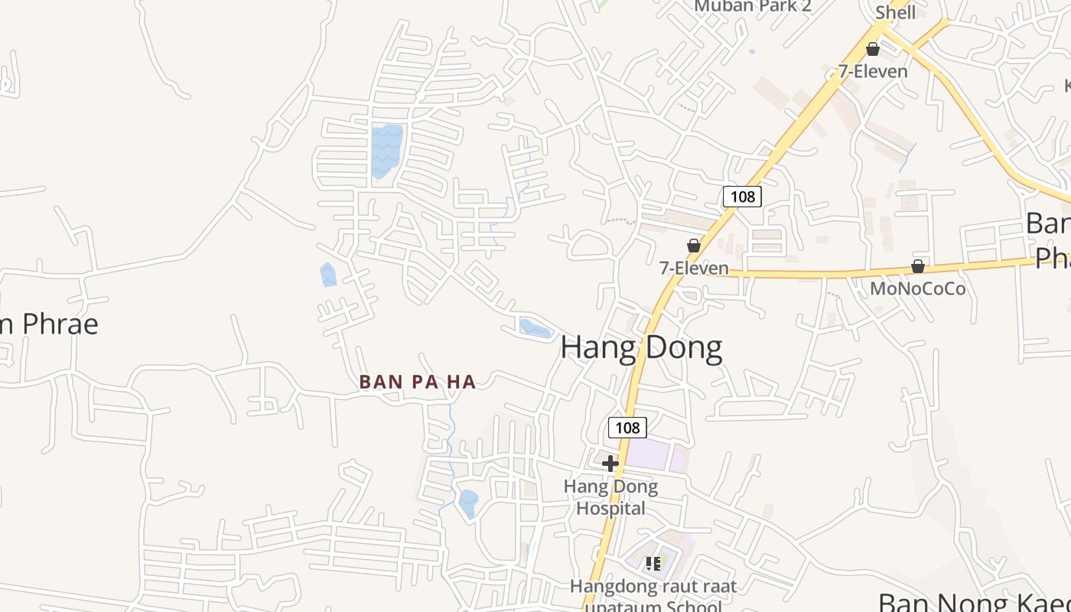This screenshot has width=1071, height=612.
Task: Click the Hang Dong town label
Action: click(641, 347)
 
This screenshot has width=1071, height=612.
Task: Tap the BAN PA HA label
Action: click(418, 382)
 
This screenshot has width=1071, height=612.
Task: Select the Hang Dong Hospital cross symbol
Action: click(610, 464)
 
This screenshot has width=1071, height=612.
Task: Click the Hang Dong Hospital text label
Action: click(610, 497)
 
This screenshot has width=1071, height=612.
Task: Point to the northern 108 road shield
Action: click(742, 197)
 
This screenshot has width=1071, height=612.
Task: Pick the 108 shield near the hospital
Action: click(627, 428)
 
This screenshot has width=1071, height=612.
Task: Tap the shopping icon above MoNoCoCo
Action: click(917, 266)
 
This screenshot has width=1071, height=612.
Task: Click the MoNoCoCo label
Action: click(917, 288)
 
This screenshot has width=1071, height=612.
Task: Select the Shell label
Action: click(895, 12)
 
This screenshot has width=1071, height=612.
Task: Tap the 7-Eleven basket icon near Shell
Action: click(872, 50)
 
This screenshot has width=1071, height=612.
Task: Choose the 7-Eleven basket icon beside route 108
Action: click(693, 246)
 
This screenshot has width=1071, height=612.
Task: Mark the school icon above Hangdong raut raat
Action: click(653, 564)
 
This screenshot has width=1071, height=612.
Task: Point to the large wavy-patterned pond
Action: click(386, 149)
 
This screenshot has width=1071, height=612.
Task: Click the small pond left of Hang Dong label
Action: click(535, 328)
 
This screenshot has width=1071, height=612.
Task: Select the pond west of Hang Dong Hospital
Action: click(467, 503)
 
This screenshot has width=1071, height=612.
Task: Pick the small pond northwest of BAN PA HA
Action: click(327, 275)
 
